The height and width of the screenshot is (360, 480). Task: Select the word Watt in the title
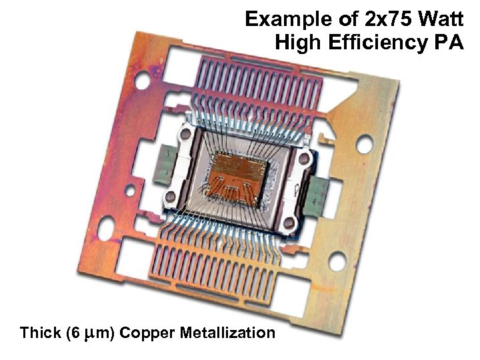(441, 19)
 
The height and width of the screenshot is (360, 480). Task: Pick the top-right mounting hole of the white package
(304, 158)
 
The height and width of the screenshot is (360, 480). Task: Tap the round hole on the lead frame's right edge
(365, 145)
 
